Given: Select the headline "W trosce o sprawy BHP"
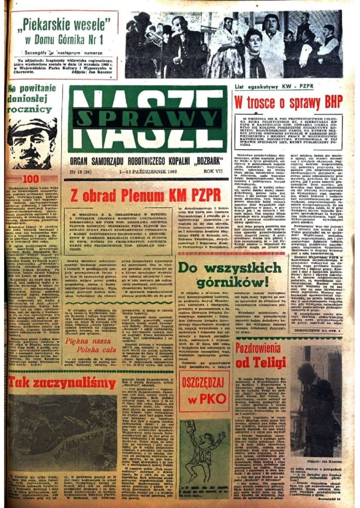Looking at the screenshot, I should [288, 102].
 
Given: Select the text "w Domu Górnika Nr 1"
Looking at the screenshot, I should [63, 39].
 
